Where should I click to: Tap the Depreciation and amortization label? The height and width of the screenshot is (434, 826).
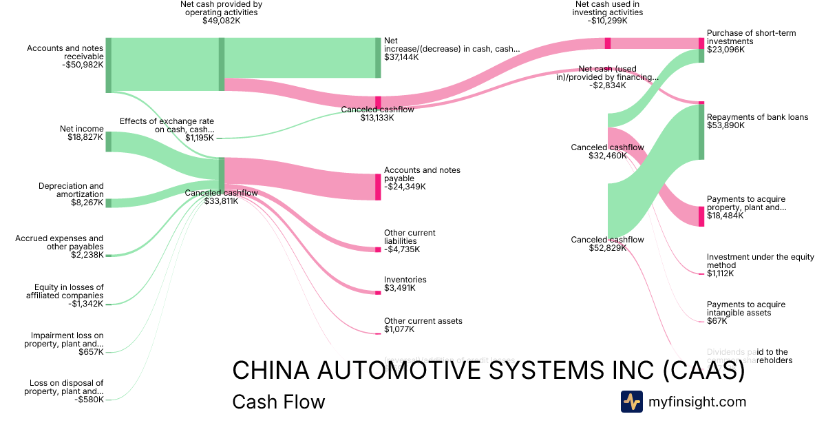[71, 190]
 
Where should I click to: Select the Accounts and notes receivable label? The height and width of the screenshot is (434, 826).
[65, 52]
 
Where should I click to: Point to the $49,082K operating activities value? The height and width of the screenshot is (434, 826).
[221, 21]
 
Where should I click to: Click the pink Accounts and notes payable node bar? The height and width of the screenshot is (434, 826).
[378, 187]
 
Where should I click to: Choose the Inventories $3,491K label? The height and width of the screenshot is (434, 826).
[405, 284]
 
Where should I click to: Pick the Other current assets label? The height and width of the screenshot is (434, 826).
[423, 321]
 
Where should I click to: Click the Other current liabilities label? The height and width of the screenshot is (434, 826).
[410, 237]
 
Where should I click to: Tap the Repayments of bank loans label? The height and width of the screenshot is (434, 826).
[757, 117]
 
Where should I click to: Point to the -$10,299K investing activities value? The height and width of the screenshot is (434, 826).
[608, 21]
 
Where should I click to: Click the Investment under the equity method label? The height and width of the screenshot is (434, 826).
[760, 261]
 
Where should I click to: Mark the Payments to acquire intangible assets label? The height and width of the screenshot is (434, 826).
[745, 309]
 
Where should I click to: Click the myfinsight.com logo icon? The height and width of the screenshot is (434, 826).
[631, 402]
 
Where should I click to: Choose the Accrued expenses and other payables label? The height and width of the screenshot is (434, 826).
[59, 242]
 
